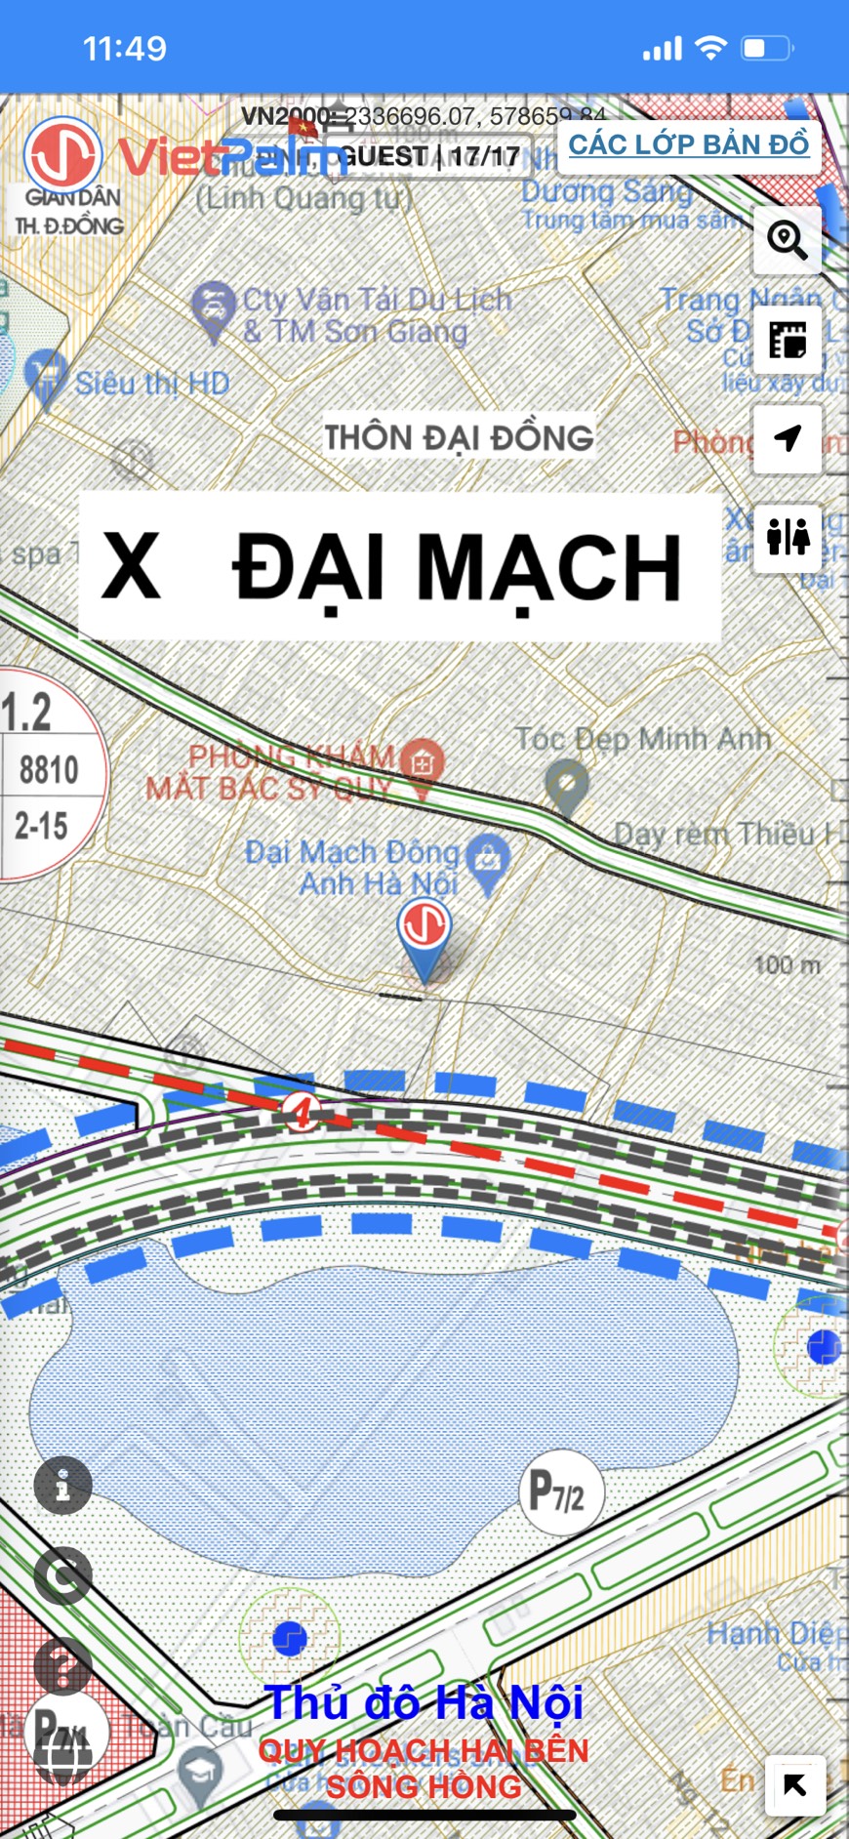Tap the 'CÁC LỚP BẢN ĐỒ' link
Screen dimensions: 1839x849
point(689,144)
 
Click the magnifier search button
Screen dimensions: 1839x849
point(787,239)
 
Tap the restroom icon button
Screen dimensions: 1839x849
point(788,537)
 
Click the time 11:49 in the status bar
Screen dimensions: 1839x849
point(124,49)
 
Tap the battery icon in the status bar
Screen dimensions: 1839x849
point(767,49)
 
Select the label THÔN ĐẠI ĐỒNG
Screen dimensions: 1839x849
point(459,437)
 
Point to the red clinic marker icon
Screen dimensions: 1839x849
point(423,762)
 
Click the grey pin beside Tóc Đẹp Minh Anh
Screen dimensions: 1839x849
point(567,785)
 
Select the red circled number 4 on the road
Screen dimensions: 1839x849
point(302,1112)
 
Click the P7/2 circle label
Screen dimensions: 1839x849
point(560,1492)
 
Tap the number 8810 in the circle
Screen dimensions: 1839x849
point(49,770)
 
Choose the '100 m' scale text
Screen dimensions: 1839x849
point(787,965)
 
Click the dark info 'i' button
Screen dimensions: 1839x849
point(63,1487)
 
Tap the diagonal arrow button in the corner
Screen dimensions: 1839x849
point(794,1785)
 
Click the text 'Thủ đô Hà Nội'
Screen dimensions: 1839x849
point(424,1703)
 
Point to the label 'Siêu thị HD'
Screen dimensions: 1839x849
point(152,384)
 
